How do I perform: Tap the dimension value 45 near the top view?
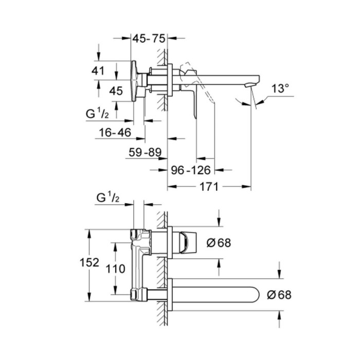[116, 91]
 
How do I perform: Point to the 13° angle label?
[280, 88]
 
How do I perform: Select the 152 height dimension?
[89, 262]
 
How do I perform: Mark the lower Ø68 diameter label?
[279, 295]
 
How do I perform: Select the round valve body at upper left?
[135, 79]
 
